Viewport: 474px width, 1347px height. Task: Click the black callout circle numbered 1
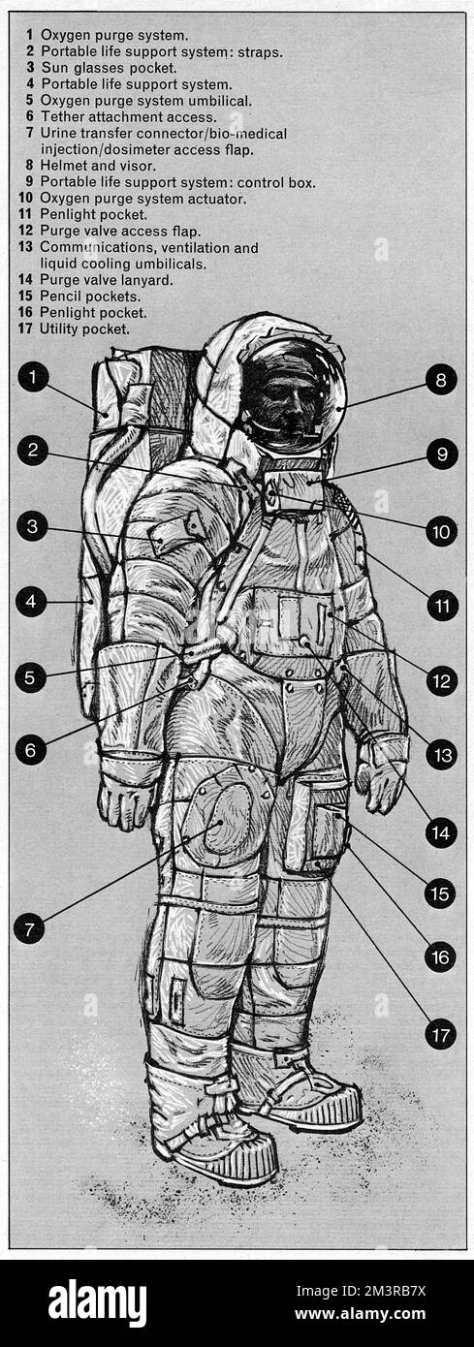33,377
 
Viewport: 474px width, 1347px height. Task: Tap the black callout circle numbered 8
441,380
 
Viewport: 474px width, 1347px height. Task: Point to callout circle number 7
29,927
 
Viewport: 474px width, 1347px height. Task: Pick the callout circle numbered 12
441,680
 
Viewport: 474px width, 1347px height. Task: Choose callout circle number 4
31,602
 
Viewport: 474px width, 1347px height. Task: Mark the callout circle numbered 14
441,832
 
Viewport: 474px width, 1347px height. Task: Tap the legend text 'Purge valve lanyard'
106,280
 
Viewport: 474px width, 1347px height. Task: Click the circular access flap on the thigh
222,819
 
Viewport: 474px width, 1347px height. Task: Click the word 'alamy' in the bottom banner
97,1302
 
